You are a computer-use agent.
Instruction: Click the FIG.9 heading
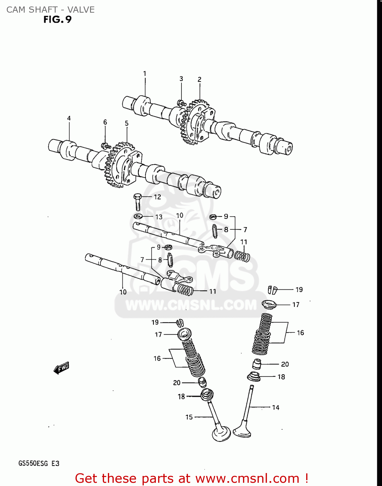[x=57, y=20]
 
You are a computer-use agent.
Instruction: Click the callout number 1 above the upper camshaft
[x=145, y=74]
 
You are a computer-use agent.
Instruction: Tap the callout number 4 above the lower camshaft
[x=69, y=119]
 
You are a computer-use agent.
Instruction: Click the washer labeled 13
[x=138, y=216]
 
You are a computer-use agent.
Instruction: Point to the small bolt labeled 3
[x=181, y=103]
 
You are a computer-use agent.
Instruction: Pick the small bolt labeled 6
[x=106, y=146]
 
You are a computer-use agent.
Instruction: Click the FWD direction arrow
[x=62, y=368]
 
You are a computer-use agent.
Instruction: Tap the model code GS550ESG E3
[x=39, y=463]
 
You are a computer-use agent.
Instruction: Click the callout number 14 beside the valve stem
[x=275, y=408]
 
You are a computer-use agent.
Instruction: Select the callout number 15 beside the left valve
[x=189, y=417]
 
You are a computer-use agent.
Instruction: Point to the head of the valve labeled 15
[x=221, y=433]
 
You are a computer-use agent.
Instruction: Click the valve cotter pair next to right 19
[x=272, y=290]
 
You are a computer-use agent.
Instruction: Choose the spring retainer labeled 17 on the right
[x=269, y=305]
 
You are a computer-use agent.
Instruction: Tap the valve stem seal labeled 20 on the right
[x=257, y=364]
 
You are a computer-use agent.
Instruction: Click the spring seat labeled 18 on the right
[x=254, y=377]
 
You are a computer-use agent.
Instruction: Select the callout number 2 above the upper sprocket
[x=200, y=79]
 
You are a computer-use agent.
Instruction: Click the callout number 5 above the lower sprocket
[x=126, y=123]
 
